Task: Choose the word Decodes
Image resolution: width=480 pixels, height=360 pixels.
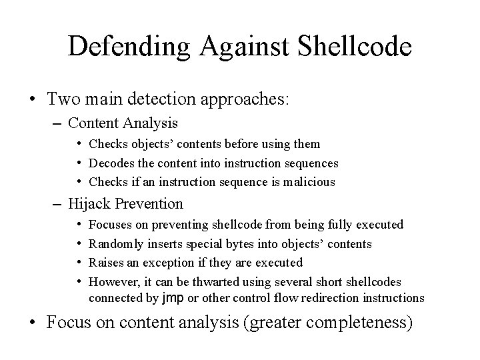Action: point(110,163)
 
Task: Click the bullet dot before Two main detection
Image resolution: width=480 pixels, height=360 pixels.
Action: point(32,99)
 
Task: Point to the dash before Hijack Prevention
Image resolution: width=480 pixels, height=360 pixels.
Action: point(57,203)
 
